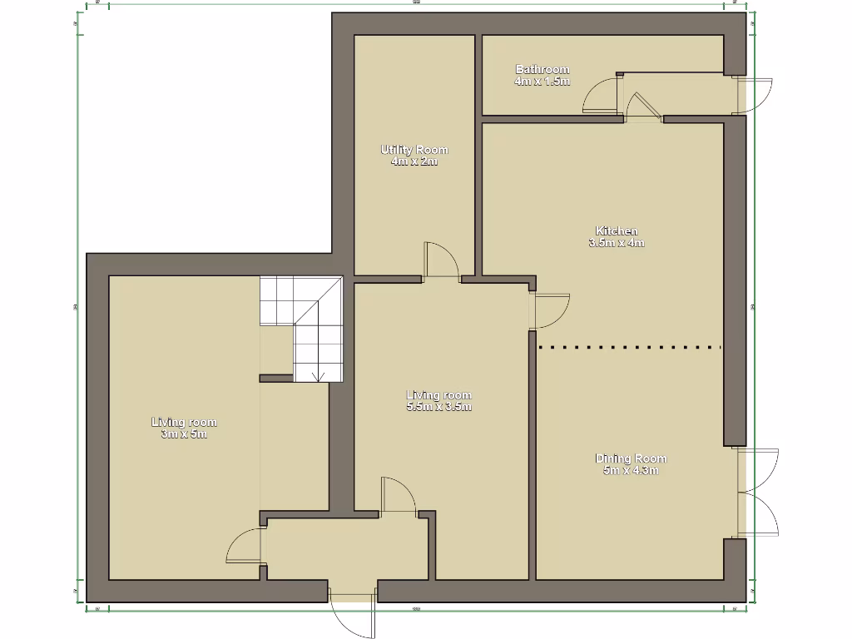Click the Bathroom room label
pyautogui.click(x=542, y=69)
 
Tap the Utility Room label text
pyautogui.click(x=414, y=150)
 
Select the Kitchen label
pyautogui.click(x=616, y=230)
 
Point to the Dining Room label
pyautogui.click(x=630, y=458)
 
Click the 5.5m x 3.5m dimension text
pyautogui.click(x=438, y=408)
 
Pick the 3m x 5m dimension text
pyautogui.click(x=183, y=434)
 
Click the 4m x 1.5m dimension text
pyautogui.click(x=542, y=82)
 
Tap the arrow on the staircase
pyautogui.click(x=317, y=375)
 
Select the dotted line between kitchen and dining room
pyautogui.click(x=629, y=346)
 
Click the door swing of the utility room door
pyautogui.click(x=442, y=260)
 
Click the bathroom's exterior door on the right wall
pyautogui.click(x=756, y=96)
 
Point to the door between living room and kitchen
pyautogui.click(x=550, y=310)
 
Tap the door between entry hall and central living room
pyautogui.click(x=399, y=496)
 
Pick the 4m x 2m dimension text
pyautogui.click(x=414, y=161)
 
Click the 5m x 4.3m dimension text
pyautogui.click(x=630, y=471)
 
